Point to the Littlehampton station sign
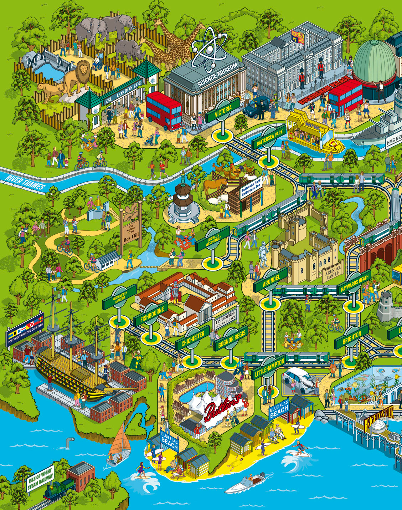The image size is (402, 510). point(270,367)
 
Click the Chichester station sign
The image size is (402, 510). point(193,339)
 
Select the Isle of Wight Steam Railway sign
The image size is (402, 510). point(40,478)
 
